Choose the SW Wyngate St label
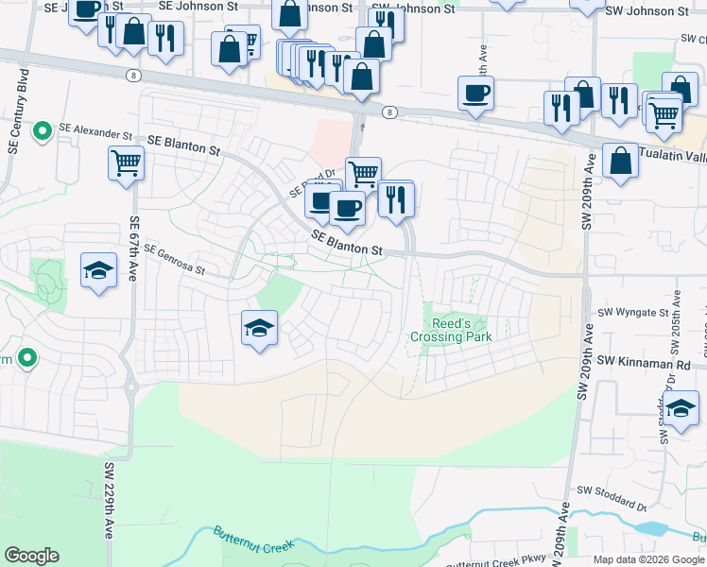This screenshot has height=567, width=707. point(635,313)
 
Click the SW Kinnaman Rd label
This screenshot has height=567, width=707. point(644,362)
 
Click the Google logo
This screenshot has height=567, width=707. point(32,556)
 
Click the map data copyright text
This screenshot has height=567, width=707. point(647,559)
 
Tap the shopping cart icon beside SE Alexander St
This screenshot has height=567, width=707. point(126,163)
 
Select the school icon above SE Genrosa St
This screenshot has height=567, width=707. point(98,272)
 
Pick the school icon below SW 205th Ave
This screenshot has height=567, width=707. point(681,410)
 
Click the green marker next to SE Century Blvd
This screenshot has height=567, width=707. point(43,130)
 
